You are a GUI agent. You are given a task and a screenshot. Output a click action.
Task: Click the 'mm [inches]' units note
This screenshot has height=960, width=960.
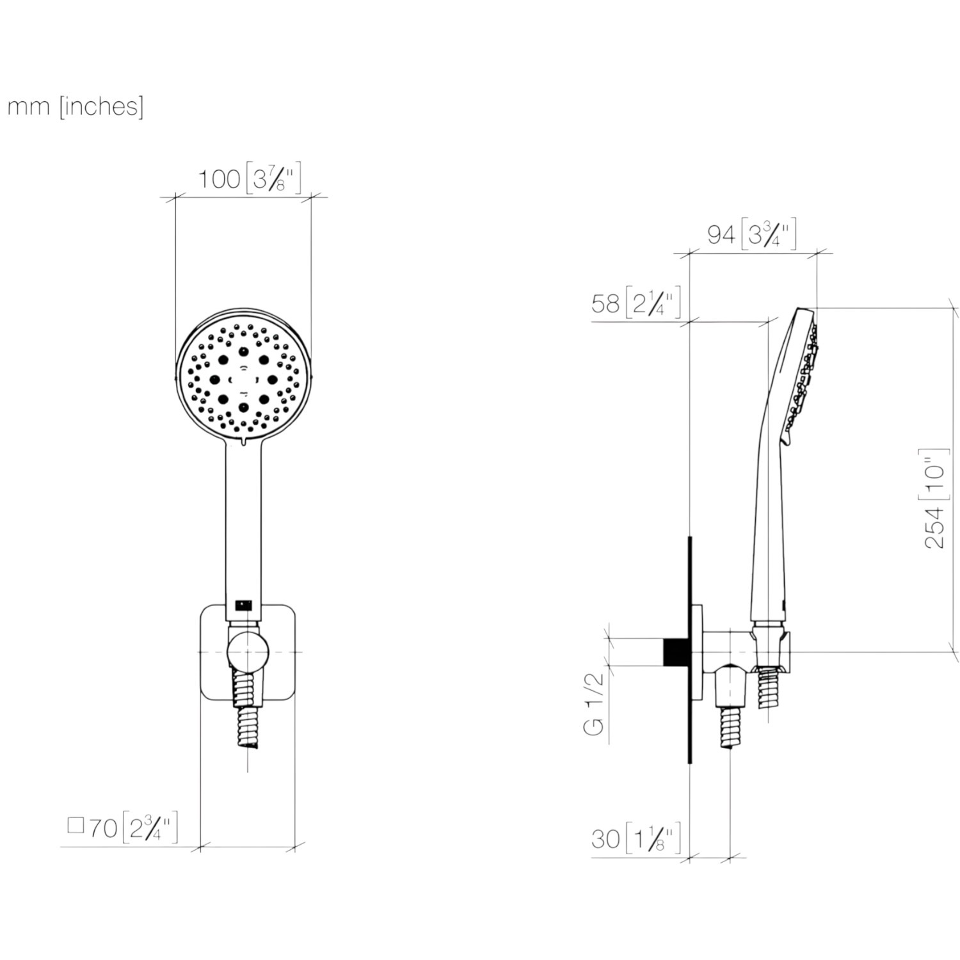tap(75, 106)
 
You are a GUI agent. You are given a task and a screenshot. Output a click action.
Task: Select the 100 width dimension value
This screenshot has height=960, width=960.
tap(218, 179)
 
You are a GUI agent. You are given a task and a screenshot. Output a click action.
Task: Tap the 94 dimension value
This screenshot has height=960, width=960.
tap(721, 235)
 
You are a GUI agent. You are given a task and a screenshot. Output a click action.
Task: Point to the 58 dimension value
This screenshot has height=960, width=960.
tap(605, 303)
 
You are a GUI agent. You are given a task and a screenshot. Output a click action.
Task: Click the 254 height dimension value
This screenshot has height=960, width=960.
tap(935, 527)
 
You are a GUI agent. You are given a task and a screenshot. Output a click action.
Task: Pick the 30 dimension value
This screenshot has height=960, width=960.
tap(605, 838)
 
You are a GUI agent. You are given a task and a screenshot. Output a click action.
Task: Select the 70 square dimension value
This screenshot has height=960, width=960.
tap(102, 828)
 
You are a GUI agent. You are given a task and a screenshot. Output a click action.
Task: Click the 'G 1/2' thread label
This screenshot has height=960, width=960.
tap(595, 703)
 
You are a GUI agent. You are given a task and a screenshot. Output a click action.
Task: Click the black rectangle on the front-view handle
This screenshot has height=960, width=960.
tap(244, 604)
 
